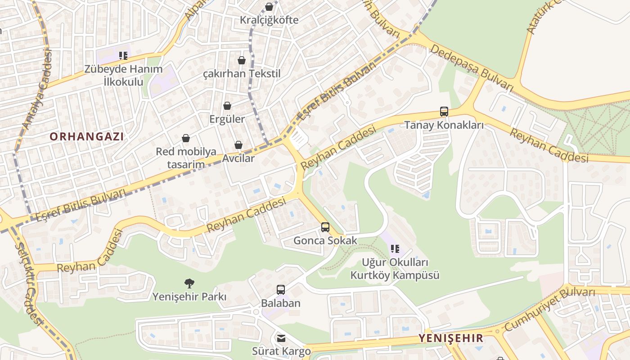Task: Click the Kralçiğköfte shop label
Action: click(269, 20)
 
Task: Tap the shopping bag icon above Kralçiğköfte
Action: click(269, 7)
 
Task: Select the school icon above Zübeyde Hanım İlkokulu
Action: click(123, 56)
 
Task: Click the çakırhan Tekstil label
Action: click(242, 74)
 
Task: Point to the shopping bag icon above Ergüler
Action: click(227, 106)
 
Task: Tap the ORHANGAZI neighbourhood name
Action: click(86, 136)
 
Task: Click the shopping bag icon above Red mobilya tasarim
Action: click(186, 138)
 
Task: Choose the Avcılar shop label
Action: click(238, 158)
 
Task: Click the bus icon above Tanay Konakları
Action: click(444, 112)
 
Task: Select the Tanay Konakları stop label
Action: click(444, 125)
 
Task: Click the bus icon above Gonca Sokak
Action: click(325, 227)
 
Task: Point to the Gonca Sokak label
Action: click(325, 240)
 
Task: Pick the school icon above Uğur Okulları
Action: click(395, 248)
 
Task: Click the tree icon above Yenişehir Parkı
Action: click(189, 283)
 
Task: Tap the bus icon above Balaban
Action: click(281, 290)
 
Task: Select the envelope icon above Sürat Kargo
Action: click(281, 338)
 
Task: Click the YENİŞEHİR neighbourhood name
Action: click(451, 338)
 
